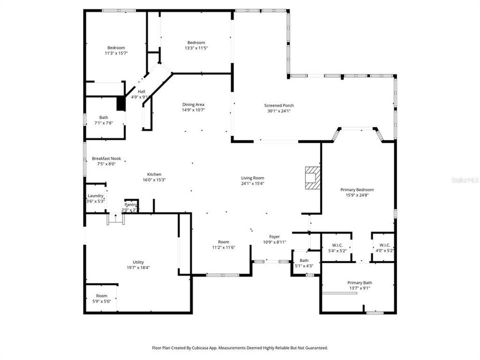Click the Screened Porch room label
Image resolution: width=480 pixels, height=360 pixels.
point(279,105)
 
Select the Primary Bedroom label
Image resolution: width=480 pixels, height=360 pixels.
point(357,189)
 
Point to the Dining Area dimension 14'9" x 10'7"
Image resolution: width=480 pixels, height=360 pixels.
point(193,110)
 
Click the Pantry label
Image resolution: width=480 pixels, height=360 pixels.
point(130,204)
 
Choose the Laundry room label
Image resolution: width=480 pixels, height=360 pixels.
point(95,195)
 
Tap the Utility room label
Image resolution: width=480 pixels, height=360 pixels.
point(138,262)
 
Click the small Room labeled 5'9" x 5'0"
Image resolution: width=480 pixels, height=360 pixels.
point(101,298)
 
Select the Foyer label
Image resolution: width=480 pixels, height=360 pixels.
point(274,236)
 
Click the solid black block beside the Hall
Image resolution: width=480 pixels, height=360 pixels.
point(120,103)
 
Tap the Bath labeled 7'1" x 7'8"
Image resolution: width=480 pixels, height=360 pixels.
point(103,120)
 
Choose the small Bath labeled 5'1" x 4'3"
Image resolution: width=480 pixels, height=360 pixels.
point(304,263)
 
